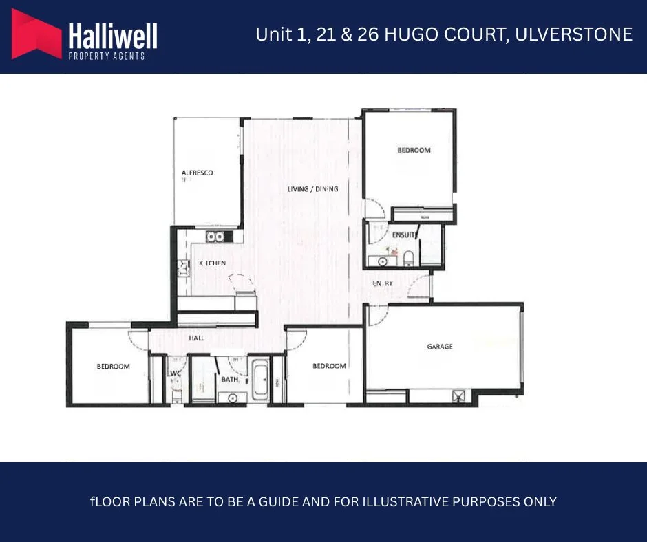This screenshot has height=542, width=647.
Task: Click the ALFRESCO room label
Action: point(197,173)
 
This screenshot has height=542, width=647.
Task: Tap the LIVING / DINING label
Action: point(313,188)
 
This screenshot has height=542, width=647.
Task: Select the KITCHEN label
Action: point(213,263)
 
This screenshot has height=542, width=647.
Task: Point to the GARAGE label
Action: point(440,347)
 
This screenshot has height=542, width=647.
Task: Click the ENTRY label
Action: point(383,283)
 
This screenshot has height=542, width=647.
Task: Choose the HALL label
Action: point(197,338)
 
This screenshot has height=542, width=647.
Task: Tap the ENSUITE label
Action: point(404,235)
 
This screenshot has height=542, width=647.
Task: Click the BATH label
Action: point(229,379)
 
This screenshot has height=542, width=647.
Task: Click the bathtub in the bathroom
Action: point(261,379)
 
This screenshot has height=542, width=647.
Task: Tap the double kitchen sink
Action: point(215,237)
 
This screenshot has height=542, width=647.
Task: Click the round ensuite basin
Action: point(383,261)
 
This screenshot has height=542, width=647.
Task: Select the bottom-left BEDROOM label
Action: point(113,367)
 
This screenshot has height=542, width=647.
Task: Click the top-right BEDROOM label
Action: point(414,150)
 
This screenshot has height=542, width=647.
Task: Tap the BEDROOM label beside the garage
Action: point(329,366)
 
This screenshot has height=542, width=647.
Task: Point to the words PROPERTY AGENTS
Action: point(107,56)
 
